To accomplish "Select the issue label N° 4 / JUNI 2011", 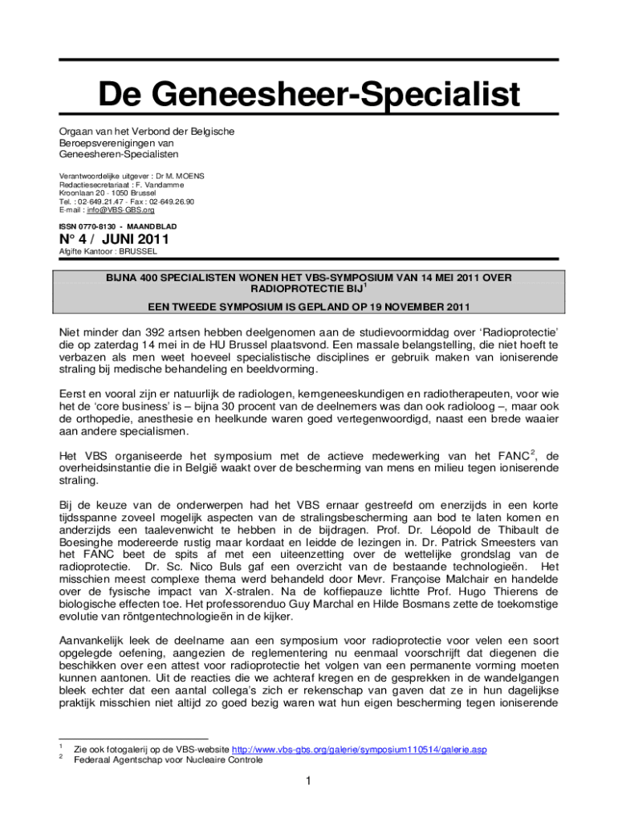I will [x=114, y=240].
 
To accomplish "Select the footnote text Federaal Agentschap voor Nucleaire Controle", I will [x=168, y=759].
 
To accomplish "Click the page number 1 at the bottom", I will [x=309, y=781].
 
